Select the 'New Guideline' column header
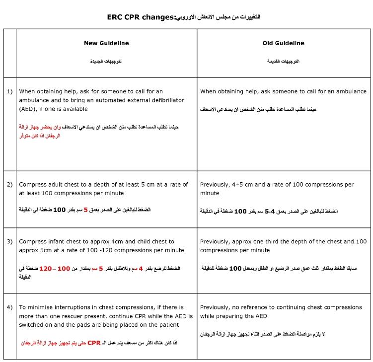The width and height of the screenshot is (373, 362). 106,43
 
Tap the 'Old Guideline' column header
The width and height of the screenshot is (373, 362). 283,43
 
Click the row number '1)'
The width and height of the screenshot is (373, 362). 9,91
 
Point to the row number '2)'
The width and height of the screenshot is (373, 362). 9,185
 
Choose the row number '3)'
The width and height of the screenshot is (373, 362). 9,241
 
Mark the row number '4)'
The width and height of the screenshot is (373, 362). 9,308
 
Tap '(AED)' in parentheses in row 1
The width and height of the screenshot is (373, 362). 29,109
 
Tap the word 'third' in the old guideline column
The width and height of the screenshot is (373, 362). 275,241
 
